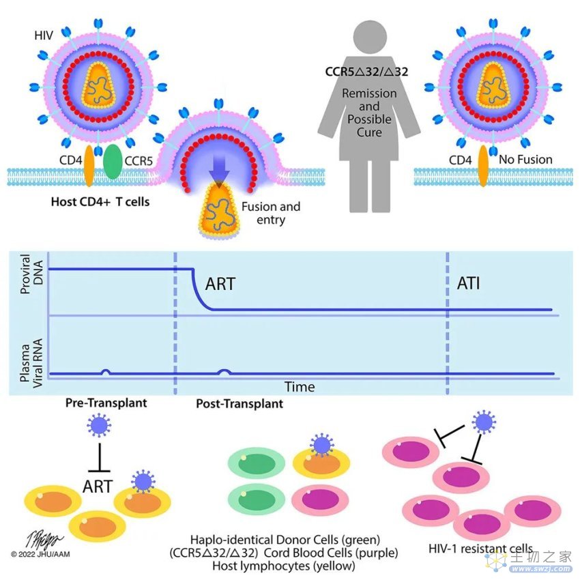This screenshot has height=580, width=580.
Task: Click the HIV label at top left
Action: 44,35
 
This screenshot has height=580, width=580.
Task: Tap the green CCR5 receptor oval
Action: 113,162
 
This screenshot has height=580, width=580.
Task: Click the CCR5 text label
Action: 139,161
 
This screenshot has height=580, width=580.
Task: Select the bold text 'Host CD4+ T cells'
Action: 100,202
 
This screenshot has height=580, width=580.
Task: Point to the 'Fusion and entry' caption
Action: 271,213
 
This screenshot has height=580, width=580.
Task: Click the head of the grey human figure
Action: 370,38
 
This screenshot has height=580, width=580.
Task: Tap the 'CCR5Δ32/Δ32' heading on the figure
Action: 366,72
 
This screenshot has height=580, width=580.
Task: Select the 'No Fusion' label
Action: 525,160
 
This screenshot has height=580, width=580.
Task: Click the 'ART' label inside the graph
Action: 220,284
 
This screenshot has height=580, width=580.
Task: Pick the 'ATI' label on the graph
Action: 469,283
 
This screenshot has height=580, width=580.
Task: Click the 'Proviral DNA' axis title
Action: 31,274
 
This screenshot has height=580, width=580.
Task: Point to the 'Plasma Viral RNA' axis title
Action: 31,363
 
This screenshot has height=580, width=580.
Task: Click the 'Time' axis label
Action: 300,387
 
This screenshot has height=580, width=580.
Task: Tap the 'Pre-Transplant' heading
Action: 106,403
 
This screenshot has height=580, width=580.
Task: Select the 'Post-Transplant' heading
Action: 240,403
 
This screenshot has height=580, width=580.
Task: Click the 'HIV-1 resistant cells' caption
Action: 480,549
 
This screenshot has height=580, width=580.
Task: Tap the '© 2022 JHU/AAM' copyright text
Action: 40,554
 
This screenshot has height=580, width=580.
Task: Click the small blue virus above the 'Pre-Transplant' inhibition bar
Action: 99,425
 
